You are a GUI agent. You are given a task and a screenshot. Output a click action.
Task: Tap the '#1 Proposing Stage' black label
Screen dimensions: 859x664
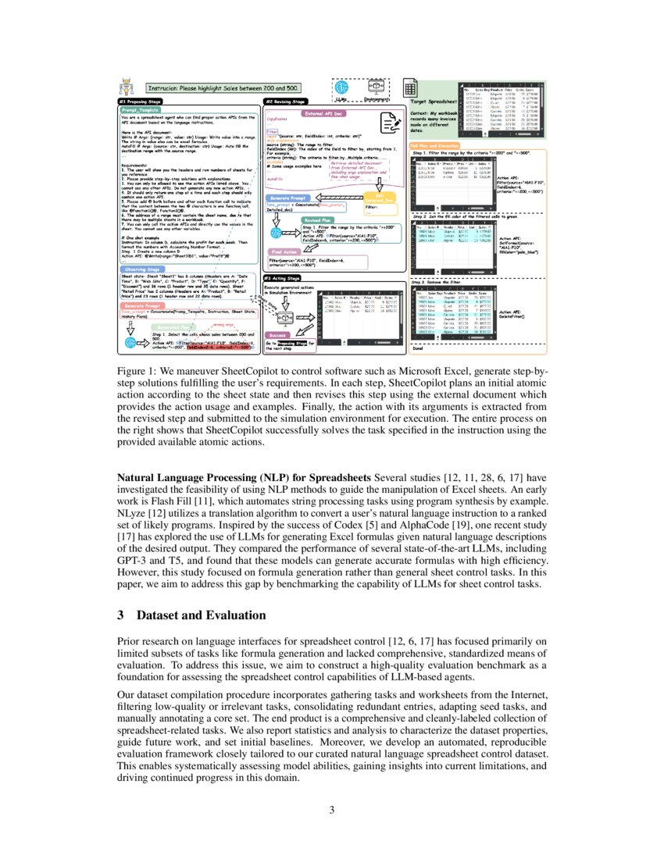(137, 102)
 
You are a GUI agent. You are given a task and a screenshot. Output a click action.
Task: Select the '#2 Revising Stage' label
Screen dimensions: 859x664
(284, 102)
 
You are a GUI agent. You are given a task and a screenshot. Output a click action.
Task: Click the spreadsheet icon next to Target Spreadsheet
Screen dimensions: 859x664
(409, 87)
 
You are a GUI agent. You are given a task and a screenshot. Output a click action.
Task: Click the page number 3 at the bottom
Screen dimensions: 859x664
(331, 810)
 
